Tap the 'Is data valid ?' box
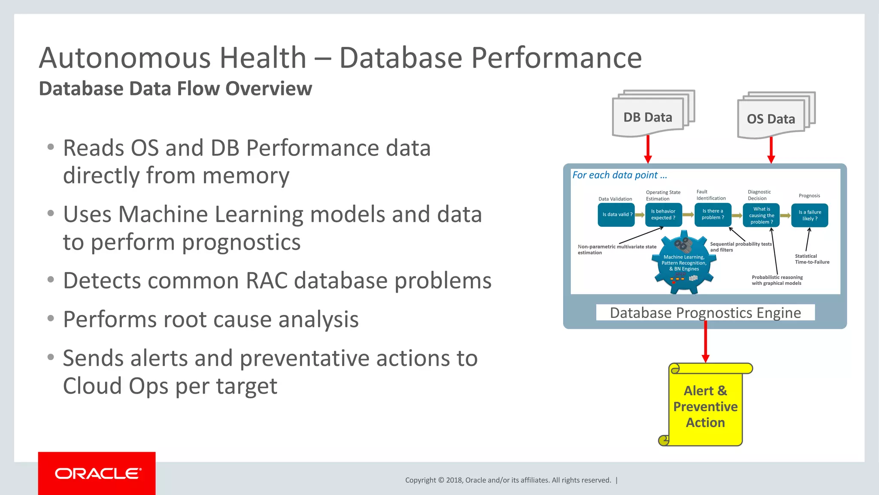pos(616,214)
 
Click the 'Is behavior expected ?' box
pos(663,214)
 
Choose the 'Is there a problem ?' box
pos(712,214)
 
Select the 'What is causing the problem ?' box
pos(761,215)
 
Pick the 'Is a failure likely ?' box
pos(809,215)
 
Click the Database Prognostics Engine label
pos(705,313)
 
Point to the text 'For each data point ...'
pos(619,175)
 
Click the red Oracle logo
pos(97,473)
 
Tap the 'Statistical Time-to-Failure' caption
pos(812,259)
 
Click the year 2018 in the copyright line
pos(454,480)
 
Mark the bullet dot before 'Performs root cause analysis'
pos(51,318)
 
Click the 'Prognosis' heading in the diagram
pos(809,196)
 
